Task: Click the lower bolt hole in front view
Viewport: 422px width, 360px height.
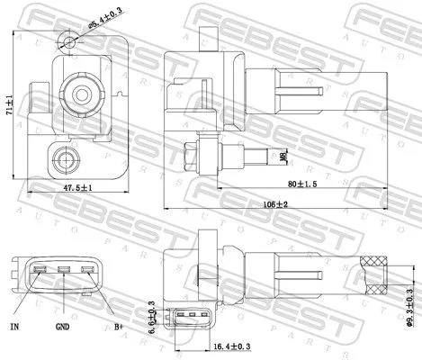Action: [66, 161]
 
